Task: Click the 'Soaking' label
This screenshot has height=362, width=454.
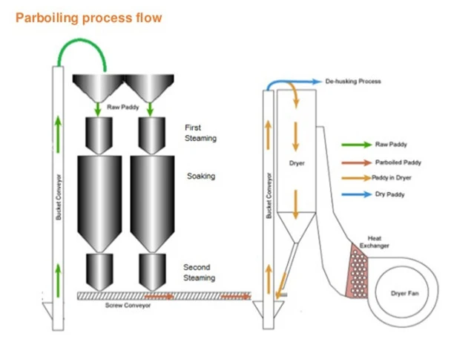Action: pos(200,177)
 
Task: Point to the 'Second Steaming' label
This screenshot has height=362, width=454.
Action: pos(199,272)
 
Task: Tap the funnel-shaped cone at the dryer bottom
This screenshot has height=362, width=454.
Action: pos(297,230)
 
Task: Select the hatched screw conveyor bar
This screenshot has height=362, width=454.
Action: pos(163,296)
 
